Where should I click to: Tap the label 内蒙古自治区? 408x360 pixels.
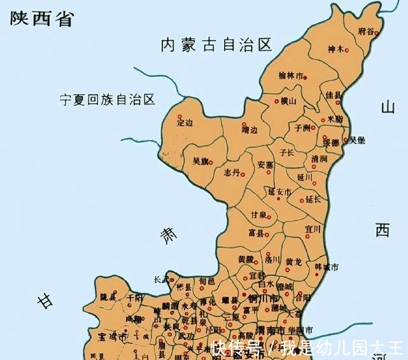[216, 45]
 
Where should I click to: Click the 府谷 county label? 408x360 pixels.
[366, 31]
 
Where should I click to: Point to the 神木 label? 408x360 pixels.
[335, 49]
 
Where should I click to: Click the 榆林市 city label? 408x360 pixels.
[291, 76]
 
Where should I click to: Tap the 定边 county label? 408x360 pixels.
[184, 121]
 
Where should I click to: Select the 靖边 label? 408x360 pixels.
[250, 130]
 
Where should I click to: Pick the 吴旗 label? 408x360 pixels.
[200, 162]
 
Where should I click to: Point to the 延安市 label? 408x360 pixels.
[279, 191]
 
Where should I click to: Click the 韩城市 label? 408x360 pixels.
[327, 267]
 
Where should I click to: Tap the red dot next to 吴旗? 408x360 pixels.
[211, 162]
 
